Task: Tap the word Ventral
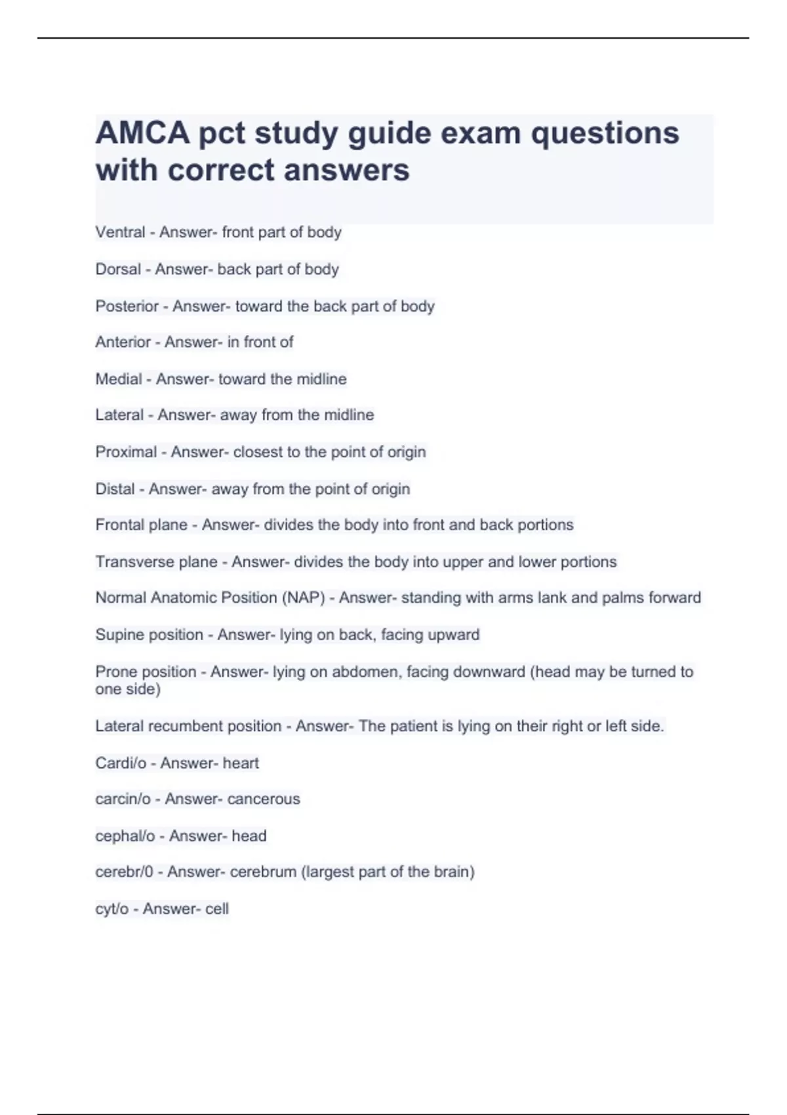coord(120,232)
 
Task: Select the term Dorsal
coord(118,270)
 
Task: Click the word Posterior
coord(127,306)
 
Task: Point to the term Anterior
coord(123,342)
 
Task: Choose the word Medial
coord(119,379)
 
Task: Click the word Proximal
coord(126,452)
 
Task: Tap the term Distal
coord(115,489)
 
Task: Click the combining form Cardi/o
coord(121,763)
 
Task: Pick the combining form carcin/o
coord(123,799)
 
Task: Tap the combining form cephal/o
coord(125,836)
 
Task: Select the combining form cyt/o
coord(111,909)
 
